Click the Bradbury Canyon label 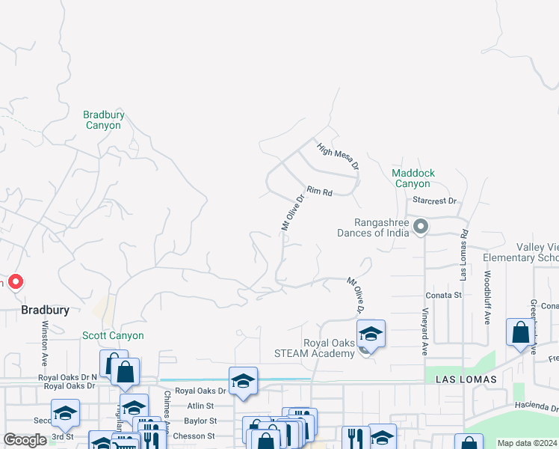coord(104,120)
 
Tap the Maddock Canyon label coord(413,178)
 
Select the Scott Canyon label coord(113,336)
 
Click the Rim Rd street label coord(318,192)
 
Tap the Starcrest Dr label coord(434,201)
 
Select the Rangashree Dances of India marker coord(421,226)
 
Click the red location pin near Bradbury coord(14,282)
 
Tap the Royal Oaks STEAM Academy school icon coord(370,333)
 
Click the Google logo coord(25,441)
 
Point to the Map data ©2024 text coord(526,443)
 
